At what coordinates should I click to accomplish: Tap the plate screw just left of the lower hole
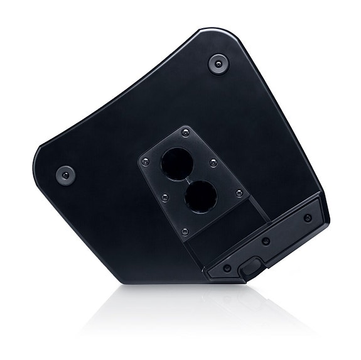165,197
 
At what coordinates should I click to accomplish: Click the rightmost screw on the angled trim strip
306,217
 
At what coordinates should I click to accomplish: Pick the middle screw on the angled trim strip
267,242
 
